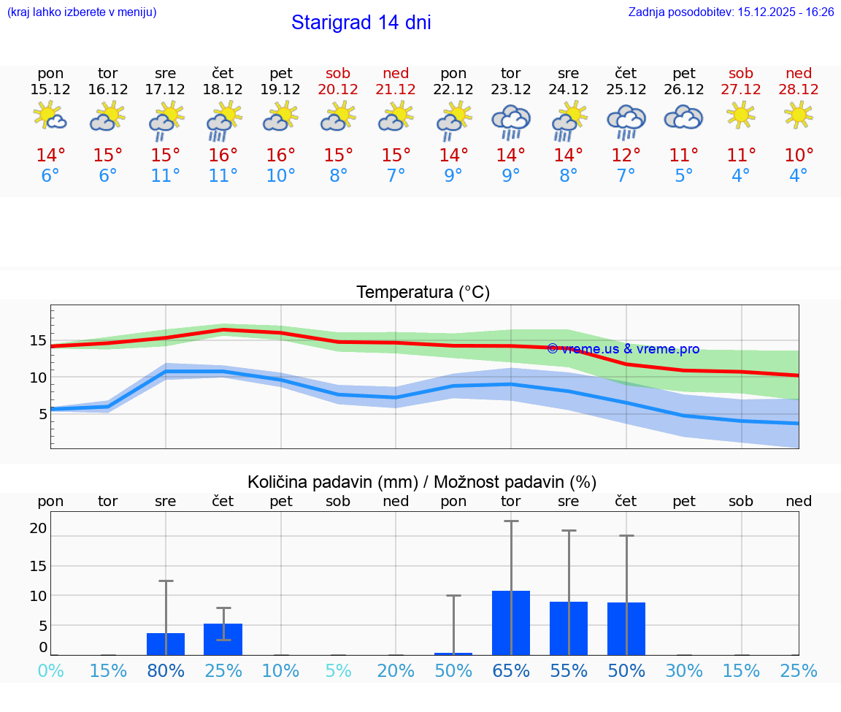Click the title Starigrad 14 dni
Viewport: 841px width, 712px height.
pyautogui.click(x=361, y=23)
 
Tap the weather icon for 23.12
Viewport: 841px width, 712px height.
pyautogui.click(x=510, y=120)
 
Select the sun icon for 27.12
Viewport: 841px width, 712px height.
pyautogui.click(x=740, y=115)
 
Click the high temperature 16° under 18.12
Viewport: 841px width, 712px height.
pyautogui.click(x=223, y=156)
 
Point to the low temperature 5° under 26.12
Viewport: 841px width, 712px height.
pyautogui.click(x=683, y=176)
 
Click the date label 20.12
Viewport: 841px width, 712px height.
pyautogui.click(x=338, y=89)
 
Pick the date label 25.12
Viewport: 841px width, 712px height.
pyautogui.click(x=626, y=89)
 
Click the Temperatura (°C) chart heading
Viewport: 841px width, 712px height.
pyautogui.click(x=423, y=293)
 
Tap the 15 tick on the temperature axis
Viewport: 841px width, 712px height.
pyautogui.click(x=39, y=340)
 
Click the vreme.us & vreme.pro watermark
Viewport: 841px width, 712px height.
pyautogui.click(x=623, y=349)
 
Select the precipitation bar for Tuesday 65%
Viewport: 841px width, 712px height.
pyautogui.click(x=510, y=623)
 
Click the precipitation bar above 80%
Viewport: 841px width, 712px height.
pyautogui.click(x=166, y=644)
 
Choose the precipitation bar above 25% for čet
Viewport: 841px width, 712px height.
pyautogui.click(x=223, y=639)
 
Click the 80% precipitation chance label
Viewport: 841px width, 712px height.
pyautogui.click(x=166, y=670)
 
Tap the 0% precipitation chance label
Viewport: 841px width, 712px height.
pyautogui.click(x=50, y=670)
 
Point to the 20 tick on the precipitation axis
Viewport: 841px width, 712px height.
pyautogui.click(x=39, y=528)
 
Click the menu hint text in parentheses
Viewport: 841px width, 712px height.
pyautogui.click(x=82, y=12)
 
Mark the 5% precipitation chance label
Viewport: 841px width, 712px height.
pyautogui.click(x=338, y=670)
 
